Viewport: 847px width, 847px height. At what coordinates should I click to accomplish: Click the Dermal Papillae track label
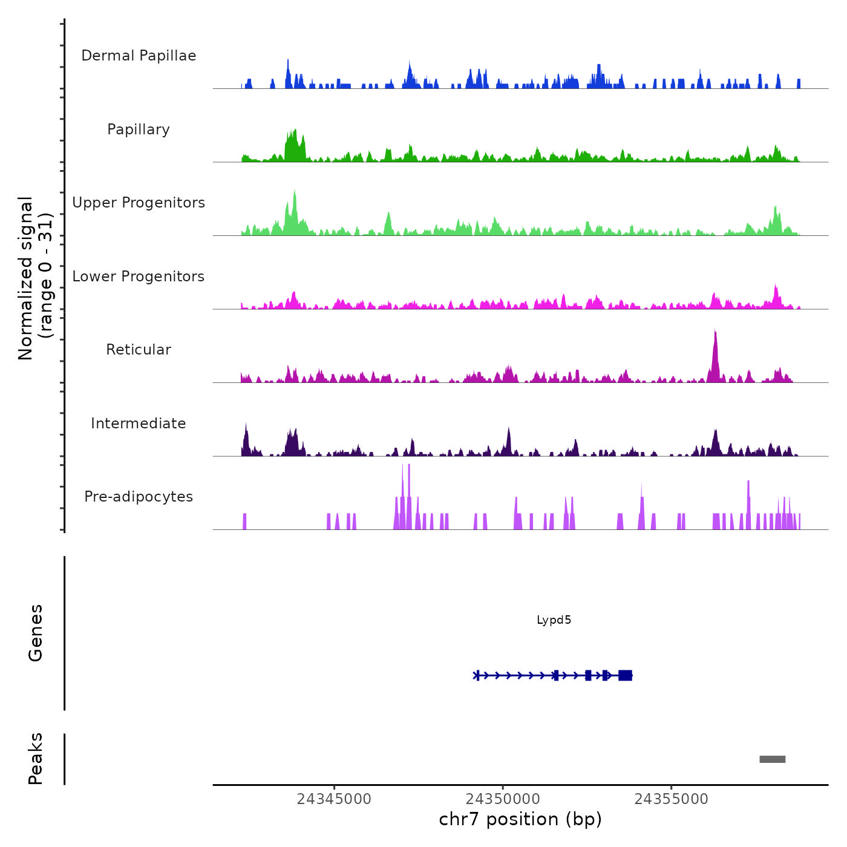(139, 56)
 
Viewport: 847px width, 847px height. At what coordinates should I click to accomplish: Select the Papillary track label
(139, 129)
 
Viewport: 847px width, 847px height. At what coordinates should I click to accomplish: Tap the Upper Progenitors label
(139, 203)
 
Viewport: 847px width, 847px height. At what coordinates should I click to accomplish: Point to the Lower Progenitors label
(139, 276)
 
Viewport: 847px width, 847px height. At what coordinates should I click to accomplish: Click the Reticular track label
(139, 350)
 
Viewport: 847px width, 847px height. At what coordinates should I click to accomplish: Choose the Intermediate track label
(139, 423)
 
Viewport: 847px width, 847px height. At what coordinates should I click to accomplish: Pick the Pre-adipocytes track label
(139, 497)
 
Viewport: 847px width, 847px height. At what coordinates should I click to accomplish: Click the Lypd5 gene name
(554, 620)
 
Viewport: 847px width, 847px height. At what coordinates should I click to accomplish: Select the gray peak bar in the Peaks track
(773, 759)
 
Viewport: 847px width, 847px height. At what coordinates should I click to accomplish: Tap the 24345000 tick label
(334, 799)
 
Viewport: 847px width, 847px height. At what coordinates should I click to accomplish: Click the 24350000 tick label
(503, 799)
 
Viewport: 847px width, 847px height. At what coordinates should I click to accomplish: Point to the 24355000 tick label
(671, 799)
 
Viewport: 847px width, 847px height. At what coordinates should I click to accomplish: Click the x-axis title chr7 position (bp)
(520, 819)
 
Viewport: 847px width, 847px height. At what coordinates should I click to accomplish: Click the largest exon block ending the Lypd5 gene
(625, 675)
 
